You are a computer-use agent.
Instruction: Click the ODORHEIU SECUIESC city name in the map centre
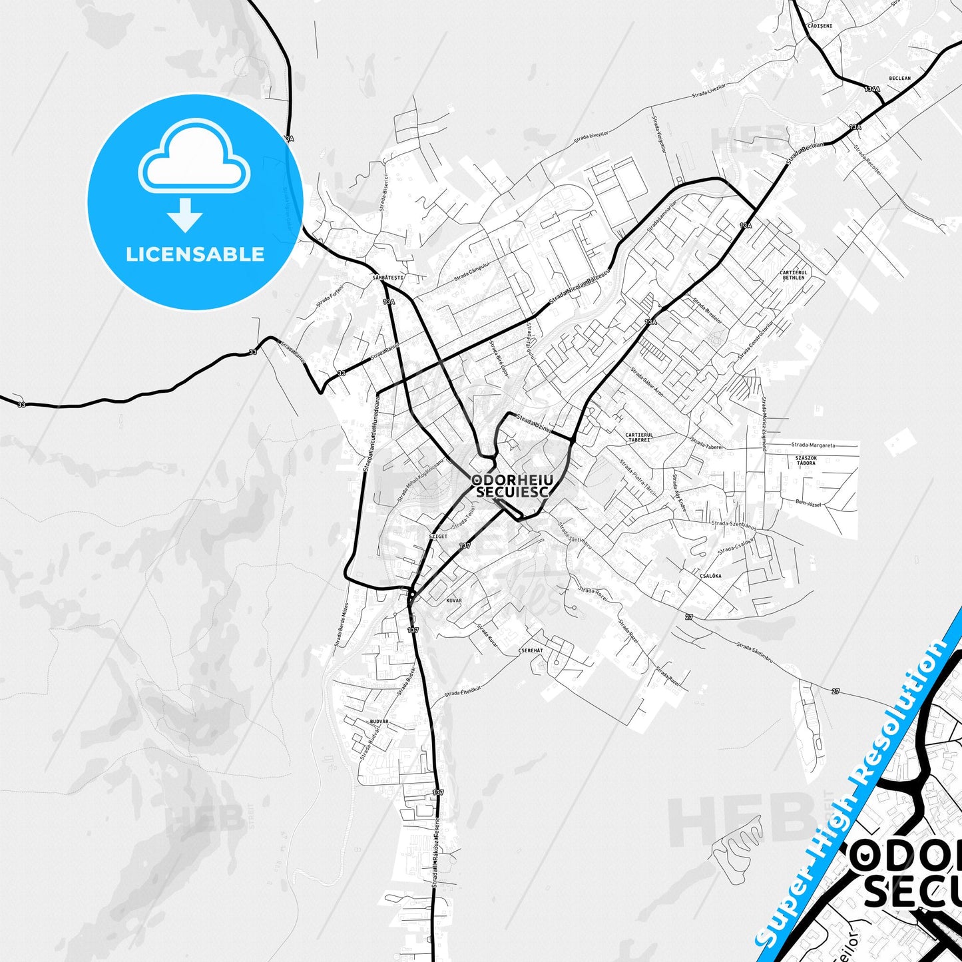pyautogui.click(x=511, y=486)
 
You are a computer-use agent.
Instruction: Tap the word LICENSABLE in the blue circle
pyautogui.click(x=195, y=254)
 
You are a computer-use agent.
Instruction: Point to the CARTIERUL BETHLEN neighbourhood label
pyautogui.click(x=794, y=275)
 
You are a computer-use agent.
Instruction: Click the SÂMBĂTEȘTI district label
pyautogui.click(x=388, y=277)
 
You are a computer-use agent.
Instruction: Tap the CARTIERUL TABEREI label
pyautogui.click(x=639, y=437)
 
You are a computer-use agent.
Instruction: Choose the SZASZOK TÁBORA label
pyautogui.click(x=806, y=460)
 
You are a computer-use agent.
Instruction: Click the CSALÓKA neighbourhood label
pyautogui.click(x=710, y=576)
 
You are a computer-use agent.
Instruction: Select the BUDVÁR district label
pyautogui.click(x=378, y=721)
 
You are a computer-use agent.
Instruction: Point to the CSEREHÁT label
pyautogui.click(x=531, y=650)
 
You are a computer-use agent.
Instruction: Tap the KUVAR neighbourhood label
pyautogui.click(x=453, y=601)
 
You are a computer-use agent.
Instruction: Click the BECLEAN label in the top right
pyautogui.click(x=899, y=79)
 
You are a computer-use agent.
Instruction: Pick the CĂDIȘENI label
pyautogui.click(x=820, y=26)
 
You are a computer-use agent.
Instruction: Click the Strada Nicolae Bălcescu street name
pyautogui.click(x=579, y=290)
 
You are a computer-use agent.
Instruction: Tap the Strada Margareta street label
pyautogui.click(x=813, y=445)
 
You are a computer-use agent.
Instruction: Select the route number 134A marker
pyautogui.click(x=872, y=89)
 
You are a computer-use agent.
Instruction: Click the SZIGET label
pyautogui.click(x=438, y=536)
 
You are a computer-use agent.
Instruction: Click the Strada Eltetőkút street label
pyautogui.click(x=463, y=692)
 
